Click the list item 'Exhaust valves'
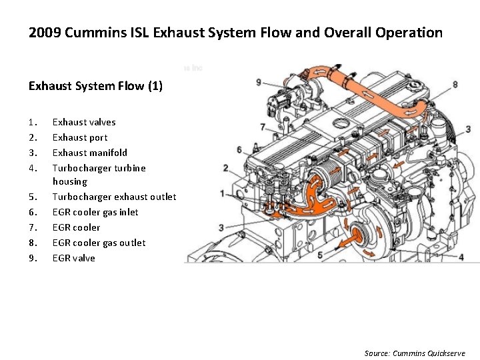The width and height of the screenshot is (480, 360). tap(84, 122)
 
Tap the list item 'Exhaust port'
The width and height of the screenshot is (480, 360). tap(80, 137)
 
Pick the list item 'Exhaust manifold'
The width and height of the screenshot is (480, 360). tap(90, 153)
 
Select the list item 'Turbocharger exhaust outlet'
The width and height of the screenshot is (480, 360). tap(114, 197)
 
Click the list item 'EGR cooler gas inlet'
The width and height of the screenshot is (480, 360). tap(95, 212)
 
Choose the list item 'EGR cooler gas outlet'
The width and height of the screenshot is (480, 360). tap(99, 243)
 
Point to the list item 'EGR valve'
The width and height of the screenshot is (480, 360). tap(74, 258)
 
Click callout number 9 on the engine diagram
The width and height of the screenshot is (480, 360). tap(259, 82)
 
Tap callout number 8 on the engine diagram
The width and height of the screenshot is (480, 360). tap(455, 85)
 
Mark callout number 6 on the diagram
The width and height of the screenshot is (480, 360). tap(239, 150)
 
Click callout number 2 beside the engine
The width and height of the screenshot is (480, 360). tap(226, 167)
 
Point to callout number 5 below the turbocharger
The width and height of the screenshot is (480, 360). tap(321, 255)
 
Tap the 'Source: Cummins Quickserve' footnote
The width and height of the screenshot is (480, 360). tap(415, 353)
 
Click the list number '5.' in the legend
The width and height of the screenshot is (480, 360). tap(32, 197)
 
